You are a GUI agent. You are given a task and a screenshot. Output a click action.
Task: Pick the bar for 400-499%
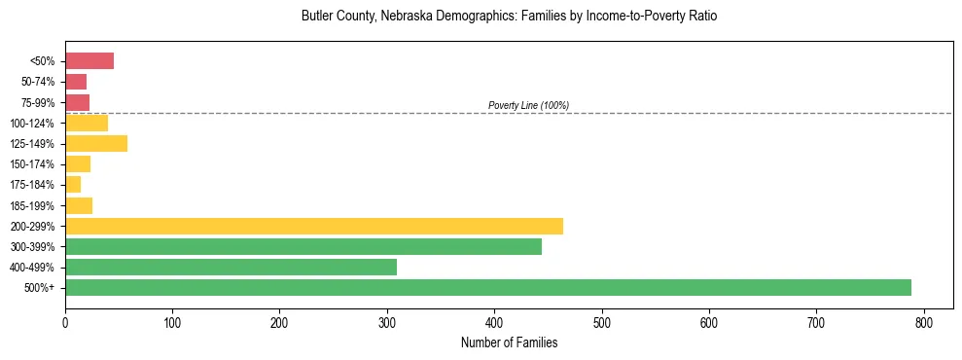pyautogui.click(x=231, y=267)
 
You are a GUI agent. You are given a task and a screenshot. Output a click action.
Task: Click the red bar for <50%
pyautogui.click(x=89, y=61)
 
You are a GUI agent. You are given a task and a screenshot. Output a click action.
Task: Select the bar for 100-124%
pyautogui.click(x=87, y=123)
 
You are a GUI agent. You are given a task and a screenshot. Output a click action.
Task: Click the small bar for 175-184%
pyautogui.click(x=73, y=185)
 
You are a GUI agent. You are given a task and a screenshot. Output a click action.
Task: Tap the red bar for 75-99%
pyautogui.click(x=77, y=102)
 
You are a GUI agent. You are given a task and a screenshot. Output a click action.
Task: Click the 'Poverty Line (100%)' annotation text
pyautogui.click(x=528, y=105)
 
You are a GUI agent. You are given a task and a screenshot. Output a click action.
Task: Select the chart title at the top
pyautogui.click(x=509, y=17)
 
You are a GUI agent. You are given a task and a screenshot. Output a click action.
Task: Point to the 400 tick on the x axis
pyautogui.click(x=494, y=320)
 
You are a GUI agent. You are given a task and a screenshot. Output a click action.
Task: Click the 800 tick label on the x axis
pyautogui.click(x=923, y=320)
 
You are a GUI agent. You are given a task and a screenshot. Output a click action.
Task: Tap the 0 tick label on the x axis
pyautogui.click(x=65, y=320)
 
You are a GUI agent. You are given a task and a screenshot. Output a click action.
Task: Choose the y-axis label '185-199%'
pyautogui.click(x=33, y=205)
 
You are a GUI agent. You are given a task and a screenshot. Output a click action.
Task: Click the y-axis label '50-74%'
pyautogui.click(x=37, y=82)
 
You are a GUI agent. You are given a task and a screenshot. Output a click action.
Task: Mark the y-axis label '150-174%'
pyautogui.click(x=33, y=164)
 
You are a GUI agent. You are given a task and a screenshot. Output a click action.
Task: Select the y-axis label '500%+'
pyautogui.click(x=40, y=288)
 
